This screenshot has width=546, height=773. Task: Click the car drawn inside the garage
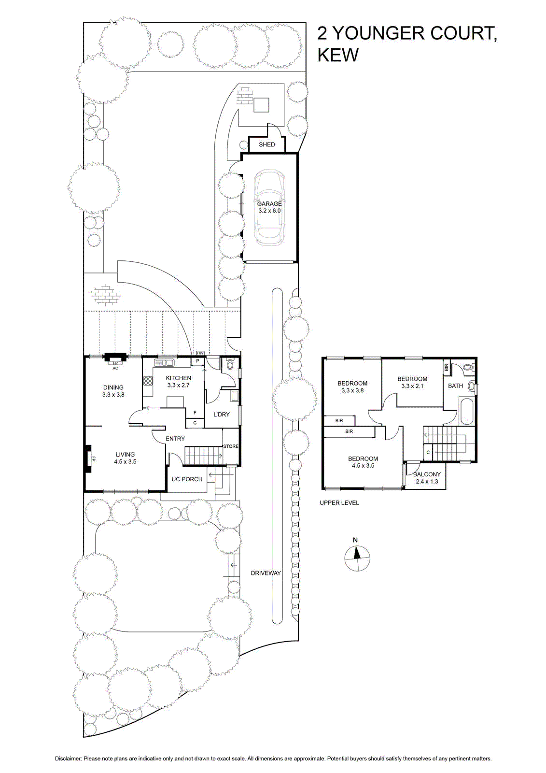coord(270,208)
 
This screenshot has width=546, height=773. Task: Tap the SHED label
coord(266,144)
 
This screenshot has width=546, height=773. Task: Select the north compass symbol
coord(358,558)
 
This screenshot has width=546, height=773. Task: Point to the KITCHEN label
coord(178,378)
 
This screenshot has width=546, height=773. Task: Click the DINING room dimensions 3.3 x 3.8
coord(113,394)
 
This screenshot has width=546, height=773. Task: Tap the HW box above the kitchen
coord(200,353)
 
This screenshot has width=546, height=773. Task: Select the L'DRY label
coord(221,415)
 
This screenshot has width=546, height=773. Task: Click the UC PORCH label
coord(187,479)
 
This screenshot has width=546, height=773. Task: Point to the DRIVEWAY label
coord(266,573)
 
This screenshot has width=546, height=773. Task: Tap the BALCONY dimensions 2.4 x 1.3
coord(427,481)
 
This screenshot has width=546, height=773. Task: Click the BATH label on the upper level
coord(455,386)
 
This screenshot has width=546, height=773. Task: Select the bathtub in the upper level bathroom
coord(466,410)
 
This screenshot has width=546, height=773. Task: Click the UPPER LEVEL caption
coord(339,503)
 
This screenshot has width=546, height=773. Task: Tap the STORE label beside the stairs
coord(231,446)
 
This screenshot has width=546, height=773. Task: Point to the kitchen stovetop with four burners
coord(148,381)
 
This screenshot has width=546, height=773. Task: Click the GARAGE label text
coord(269,203)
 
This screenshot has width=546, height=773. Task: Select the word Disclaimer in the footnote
coord(68,756)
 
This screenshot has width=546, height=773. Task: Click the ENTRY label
coord(175,439)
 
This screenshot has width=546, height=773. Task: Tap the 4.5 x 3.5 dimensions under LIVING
coord(125,461)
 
